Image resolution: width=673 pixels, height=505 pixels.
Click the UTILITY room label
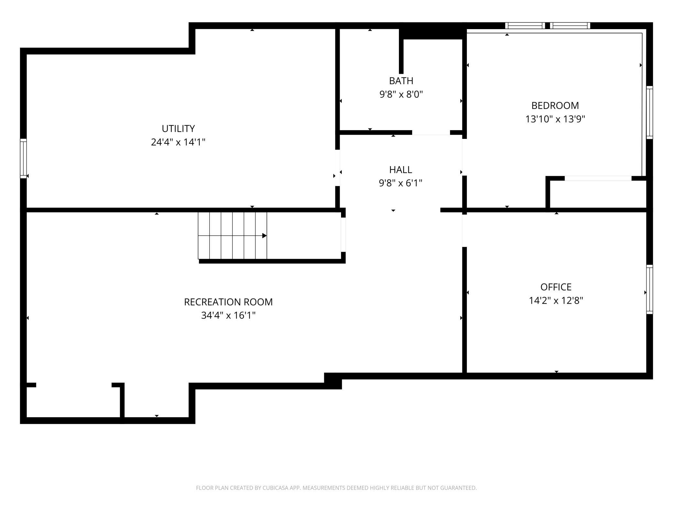(178, 129)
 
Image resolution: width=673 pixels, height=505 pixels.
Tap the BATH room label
(401, 81)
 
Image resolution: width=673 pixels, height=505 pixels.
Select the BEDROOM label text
(555, 106)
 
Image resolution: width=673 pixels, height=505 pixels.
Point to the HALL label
(401, 170)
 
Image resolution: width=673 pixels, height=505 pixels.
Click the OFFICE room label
(556, 287)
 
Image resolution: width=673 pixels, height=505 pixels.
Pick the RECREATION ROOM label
(228, 302)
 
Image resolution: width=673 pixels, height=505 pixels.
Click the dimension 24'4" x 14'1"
(178, 142)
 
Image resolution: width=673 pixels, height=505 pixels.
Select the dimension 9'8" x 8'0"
(401, 94)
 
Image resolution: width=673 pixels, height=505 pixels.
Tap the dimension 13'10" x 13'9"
(555, 119)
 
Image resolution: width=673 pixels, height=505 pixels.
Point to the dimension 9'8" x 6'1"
(401, 183)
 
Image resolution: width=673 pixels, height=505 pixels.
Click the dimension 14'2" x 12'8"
(556, 300)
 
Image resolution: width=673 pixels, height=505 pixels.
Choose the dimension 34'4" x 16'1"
(228, 315)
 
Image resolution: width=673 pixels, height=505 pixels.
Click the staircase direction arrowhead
(264, 236)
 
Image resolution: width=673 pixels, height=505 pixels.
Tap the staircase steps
(232, 236)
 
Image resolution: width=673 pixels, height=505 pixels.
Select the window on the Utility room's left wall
(23, 158)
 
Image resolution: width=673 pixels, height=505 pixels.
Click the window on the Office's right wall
(649, 289)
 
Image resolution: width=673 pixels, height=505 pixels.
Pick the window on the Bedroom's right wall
(649, 112)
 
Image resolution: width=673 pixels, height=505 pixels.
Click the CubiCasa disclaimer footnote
(336, 488)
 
